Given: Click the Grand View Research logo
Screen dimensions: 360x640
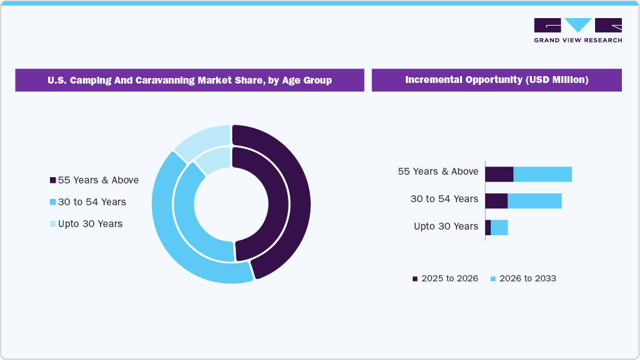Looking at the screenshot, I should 578,30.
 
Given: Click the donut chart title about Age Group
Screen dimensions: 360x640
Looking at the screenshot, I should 189,80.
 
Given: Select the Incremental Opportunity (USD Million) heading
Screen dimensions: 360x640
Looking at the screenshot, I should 496,80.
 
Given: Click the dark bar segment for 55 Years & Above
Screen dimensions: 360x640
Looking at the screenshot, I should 499,174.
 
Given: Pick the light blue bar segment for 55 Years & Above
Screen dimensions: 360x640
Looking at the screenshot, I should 542,174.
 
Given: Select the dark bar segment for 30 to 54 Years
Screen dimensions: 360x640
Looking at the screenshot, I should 496,201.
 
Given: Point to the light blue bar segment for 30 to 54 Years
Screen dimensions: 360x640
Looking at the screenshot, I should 534,201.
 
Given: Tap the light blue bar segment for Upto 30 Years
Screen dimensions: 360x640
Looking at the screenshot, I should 499,228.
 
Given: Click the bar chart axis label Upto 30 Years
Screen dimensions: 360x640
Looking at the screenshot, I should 446,226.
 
